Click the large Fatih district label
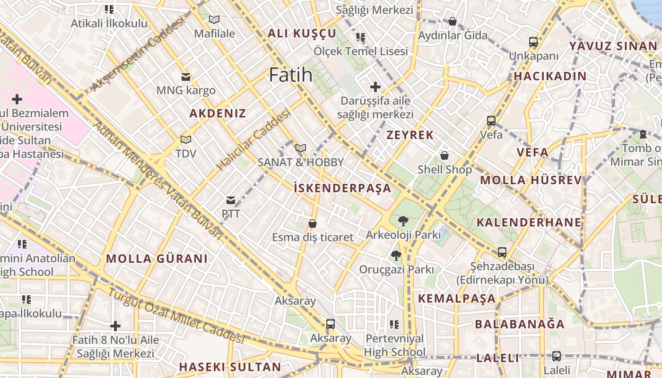pos(291,75)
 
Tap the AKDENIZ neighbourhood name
pos(218,113)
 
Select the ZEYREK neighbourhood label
pos(410,135)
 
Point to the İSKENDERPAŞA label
pos(342,188)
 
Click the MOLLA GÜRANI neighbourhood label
pos(157,258)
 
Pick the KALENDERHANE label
pos(529,223)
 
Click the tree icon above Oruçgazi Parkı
pos(396,256)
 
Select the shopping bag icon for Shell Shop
pos(444,155)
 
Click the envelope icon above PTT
pos(231,200)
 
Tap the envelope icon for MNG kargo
pos(186,77)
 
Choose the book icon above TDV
pos(186,140)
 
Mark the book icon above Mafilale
pos(214,20)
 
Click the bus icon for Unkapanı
pos(533,42)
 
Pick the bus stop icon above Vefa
pos(491,121)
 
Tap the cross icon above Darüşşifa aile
pos(375,87)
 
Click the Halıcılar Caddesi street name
pos(253,140)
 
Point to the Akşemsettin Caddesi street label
pos(137,55)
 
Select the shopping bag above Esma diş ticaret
pos(313,223)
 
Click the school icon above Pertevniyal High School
pos(394,325)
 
